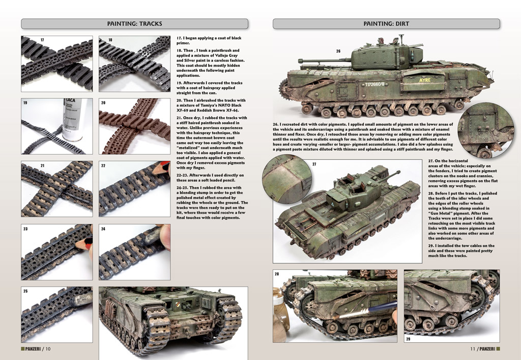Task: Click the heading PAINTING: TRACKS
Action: coord(134,23)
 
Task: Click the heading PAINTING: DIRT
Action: coord(386,23)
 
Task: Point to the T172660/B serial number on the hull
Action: coord(375,85)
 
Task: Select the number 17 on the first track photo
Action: coord(42,40)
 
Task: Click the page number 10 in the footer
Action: coord(48,349)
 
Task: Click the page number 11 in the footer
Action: coord(473,349)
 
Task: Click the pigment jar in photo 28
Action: coord(281,316)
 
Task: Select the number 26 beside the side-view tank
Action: coord(338,51)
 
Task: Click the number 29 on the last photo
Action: coord(408,339)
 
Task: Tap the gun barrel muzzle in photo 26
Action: coord(300,61)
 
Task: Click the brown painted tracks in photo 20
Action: coord(134,126)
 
